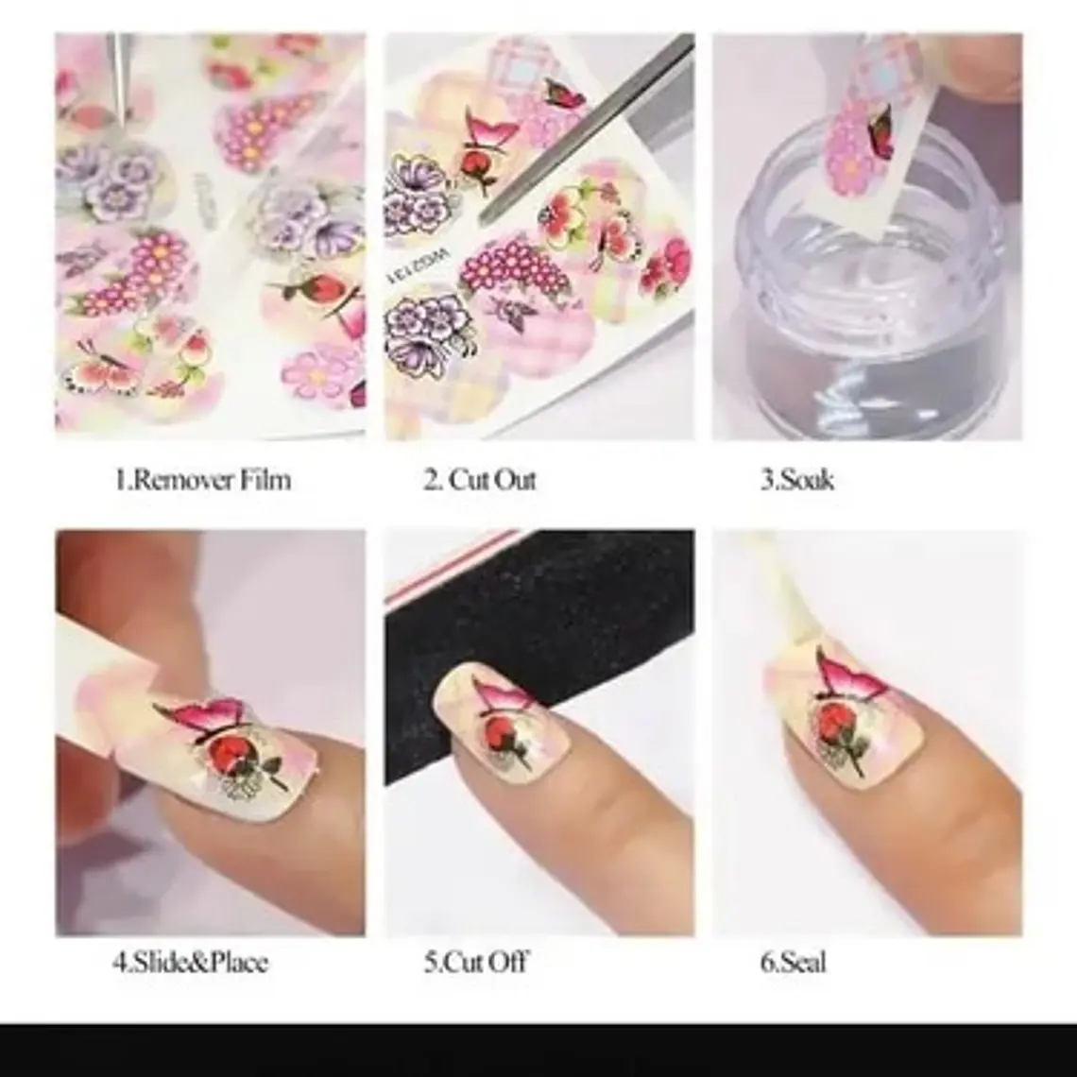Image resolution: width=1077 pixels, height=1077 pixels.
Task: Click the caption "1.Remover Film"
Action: pos(202,479)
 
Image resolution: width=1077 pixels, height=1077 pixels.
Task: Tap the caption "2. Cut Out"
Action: pos(479,479)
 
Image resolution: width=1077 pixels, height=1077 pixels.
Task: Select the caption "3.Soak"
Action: pos(797,479)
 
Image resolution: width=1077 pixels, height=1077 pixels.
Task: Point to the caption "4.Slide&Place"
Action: pos(190,962)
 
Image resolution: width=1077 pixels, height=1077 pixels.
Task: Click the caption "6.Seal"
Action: pos(794,962)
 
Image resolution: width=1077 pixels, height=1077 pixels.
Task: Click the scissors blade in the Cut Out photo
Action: pos(584,130)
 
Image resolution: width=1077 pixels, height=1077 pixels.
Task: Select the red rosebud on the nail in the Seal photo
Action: pos(833,728)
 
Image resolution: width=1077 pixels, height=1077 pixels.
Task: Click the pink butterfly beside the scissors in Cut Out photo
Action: pos(566,94)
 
